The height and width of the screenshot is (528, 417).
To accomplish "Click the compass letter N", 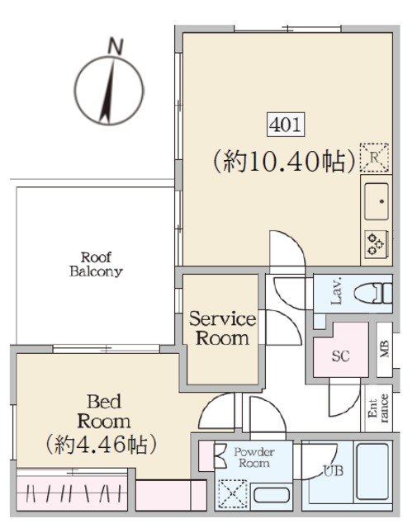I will [x=116, y=45].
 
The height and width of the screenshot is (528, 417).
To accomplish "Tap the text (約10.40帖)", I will [x=284, y=159].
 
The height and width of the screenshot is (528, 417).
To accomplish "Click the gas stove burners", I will [x=377, y=243].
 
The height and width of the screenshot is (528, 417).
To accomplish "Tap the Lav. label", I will [x=336, y=294].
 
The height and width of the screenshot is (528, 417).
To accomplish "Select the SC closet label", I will [x=339, y=356].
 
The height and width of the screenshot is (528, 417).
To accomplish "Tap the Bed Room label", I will [x=106, y=412].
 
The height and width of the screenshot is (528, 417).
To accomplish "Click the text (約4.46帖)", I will [x=101, y=445].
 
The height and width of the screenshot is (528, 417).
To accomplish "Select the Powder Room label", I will [x=253, y=457].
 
